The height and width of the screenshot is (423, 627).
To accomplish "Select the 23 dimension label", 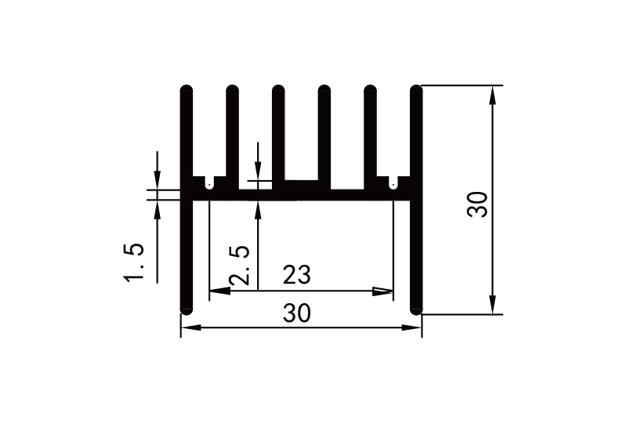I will point(297,276).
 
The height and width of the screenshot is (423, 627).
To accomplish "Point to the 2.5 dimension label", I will point(239,266).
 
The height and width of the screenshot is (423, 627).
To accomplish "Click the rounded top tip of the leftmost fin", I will point(186,88).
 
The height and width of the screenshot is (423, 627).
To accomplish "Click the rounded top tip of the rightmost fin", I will point(416,88).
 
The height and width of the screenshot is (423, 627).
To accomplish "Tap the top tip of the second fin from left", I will point(232,88).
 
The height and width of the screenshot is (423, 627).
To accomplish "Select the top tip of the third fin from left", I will point(278,88).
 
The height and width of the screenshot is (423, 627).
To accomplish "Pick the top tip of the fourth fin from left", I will point(324,88).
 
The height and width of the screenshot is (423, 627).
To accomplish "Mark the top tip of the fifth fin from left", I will point(370,88).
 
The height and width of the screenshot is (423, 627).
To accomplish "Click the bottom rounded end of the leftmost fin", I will point(186,309).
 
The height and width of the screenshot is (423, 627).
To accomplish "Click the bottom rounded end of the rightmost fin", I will point(416,309).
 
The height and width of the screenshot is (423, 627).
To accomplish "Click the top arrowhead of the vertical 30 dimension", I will point(492,93).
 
